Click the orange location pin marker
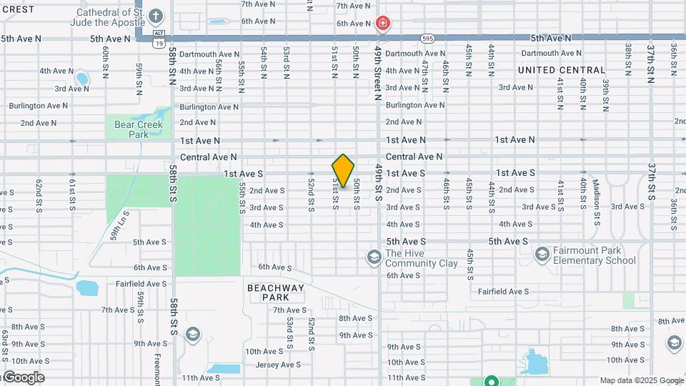(x=343, y=171)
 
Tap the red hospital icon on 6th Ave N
(x=384, y=24)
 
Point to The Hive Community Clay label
(x=422, y=258)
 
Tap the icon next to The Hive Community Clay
(x=374, y=257)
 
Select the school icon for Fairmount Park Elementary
(x=542, y=254)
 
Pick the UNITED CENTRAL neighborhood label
(x=562, y=70)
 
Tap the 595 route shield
(x=427, y=38)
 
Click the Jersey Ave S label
(x=278, y=365)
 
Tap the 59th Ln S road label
(x=119, y=224)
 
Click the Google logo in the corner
(x=23, y=377)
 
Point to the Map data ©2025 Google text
(x=641, y=380)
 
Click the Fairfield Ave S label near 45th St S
(x=503, y=292)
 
